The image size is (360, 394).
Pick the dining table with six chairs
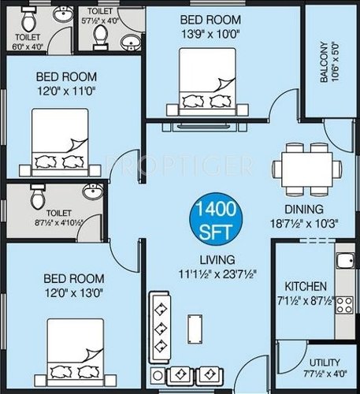coord(306,169)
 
